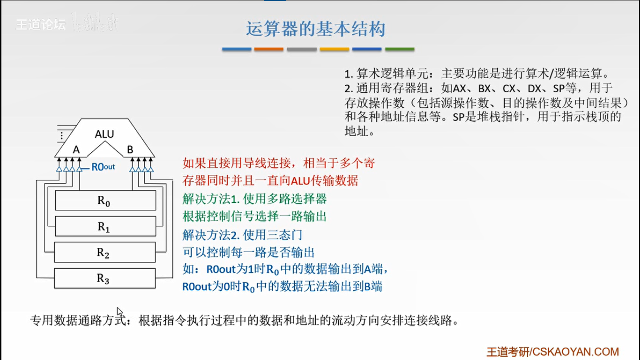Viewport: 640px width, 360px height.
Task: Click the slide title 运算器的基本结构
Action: click(x=316, y=29)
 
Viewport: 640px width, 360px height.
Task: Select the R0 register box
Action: click(x=105, y=201)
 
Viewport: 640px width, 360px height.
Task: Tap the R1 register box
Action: click(x=105, y=226)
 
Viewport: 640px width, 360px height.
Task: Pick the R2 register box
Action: click(x=105, y=252)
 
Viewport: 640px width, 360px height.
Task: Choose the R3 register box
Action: click(x=105, y=278)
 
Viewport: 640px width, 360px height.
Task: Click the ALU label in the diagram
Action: click(x=104, y=134)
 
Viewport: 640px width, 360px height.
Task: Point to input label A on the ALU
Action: click(x=76, y=150)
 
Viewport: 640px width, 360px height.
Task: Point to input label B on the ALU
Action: click(x=130, y=150)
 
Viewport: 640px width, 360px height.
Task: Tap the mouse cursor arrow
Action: click(x=119, y=312)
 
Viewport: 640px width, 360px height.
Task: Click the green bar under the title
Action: click(x=400, y=49)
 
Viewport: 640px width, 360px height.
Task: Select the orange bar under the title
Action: click(x=269, y=49)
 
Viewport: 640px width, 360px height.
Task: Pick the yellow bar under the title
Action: click(x=335, y=49)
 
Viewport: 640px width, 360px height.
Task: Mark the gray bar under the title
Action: click(x=302, y=49)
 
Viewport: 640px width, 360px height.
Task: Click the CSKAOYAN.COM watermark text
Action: click(x=575, y=352)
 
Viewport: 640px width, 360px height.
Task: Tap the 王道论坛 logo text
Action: click(x=41, y=24)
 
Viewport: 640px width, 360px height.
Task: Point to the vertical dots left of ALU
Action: click(x=61, y=136)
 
